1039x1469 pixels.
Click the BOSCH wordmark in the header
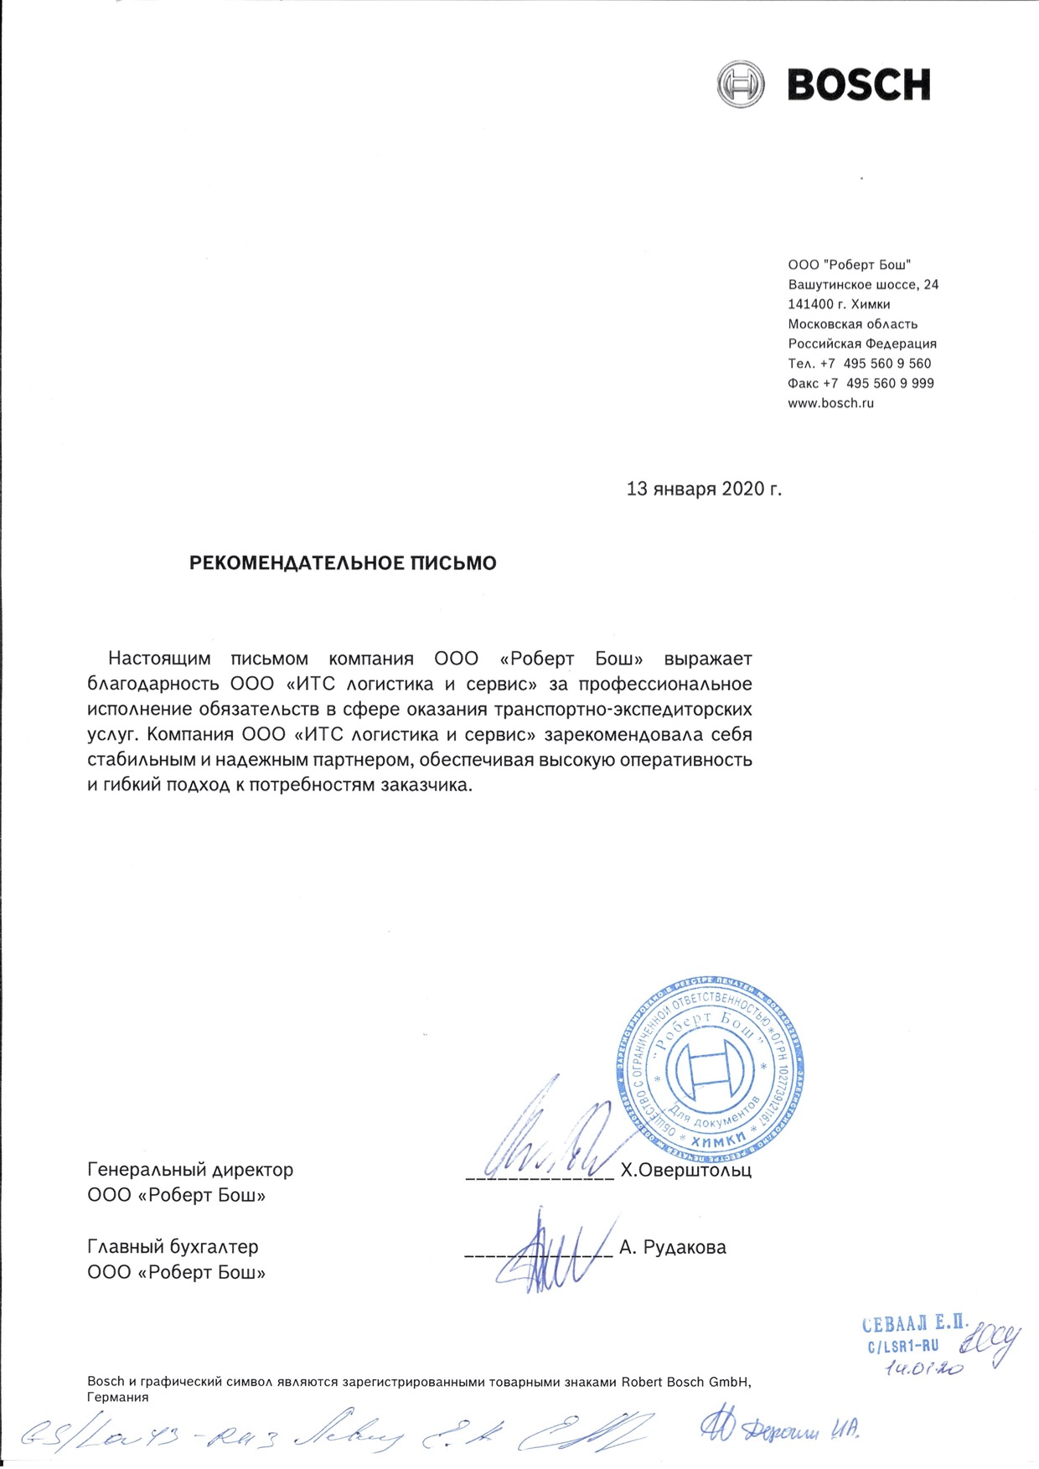pos(858,85)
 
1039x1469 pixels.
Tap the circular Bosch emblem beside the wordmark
pos(741,84)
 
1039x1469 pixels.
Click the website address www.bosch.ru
pos(830,403)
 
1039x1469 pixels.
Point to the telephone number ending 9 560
pos(860,364)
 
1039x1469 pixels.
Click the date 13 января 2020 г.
pos(704,489)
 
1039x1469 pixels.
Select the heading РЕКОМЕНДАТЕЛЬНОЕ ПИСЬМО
pos(343,563)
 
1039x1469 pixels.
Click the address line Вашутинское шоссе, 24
pos(863,285)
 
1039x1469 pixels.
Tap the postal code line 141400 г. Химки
pos(839,304)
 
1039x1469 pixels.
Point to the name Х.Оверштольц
pos(685,1170)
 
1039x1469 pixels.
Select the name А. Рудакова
pos(672,1248)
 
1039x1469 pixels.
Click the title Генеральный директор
pos(190,1169)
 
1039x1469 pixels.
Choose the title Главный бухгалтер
pos(173,1247)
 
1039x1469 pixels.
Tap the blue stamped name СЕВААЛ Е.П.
pos(915,1323)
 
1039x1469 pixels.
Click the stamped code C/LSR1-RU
pos(902,1347)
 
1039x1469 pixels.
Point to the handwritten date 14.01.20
pos(923,1368)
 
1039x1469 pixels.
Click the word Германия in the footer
pos(117,1397)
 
